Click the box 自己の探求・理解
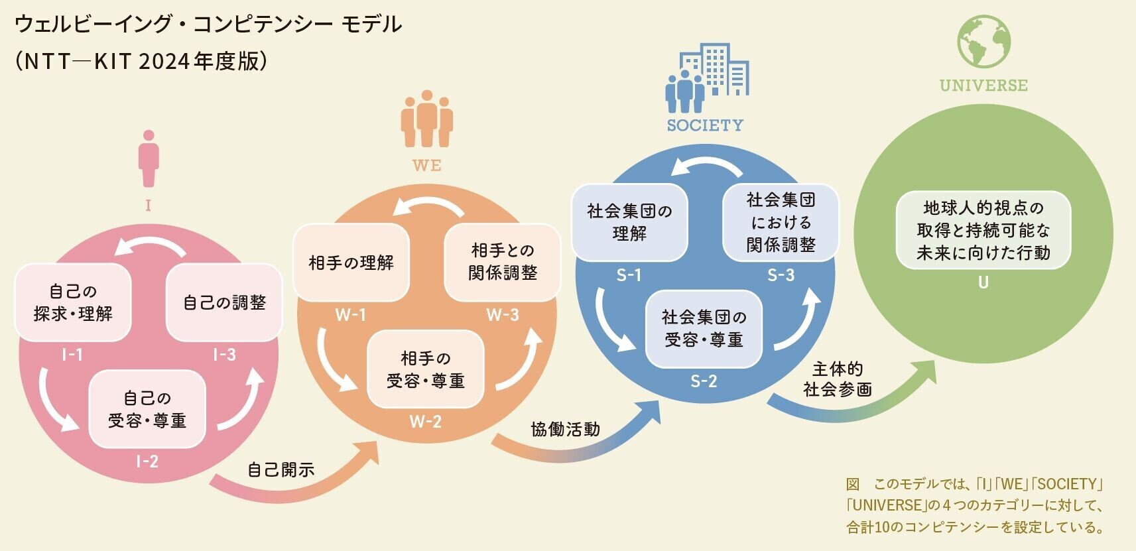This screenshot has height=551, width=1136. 73,302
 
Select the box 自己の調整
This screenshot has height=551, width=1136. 224,302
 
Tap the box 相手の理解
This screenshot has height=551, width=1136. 351,263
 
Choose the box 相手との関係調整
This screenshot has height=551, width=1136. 502,263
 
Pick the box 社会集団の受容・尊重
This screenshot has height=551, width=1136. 704,328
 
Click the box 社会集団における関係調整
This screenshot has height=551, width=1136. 781,223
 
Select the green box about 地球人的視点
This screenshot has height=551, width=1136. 983,230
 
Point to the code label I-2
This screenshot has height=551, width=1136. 147,461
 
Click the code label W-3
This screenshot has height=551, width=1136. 503,315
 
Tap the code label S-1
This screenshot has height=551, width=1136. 629,275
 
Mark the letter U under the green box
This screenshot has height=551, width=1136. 983,282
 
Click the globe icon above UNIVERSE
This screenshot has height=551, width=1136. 984,41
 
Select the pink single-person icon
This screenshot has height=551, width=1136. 149,158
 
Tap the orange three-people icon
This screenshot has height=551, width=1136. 427,119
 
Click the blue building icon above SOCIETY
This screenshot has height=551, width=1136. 708,78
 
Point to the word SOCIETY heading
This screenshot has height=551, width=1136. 705,125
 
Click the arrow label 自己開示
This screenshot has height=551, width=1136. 281,470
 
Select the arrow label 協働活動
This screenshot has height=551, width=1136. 566,430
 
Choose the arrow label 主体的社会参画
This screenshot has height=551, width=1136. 838,379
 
